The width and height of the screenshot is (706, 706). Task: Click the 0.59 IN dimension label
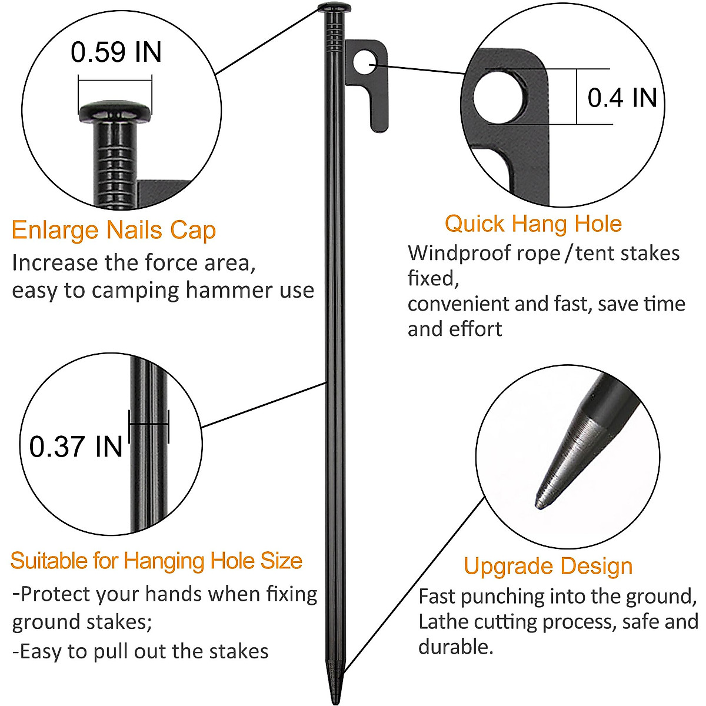tap(116, 52)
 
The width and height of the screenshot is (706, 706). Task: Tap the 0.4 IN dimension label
tap(622, 97)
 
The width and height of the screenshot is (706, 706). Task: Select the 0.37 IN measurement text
tap(76, 446)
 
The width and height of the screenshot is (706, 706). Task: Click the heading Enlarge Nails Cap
tap(114, 230)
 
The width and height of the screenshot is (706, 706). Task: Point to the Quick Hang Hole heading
tap(533, 224)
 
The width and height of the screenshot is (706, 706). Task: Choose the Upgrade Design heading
tap(548, 566)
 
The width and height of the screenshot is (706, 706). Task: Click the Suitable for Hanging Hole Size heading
tap(156, 561)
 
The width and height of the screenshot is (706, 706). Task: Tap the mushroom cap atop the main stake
tap(334, 8)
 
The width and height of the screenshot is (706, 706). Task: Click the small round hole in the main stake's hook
tap(365, 61)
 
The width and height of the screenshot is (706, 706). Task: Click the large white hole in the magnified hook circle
tap(501, 97)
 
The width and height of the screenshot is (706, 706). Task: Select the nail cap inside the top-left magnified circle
tap(115, 111)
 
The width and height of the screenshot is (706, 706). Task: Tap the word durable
tap(455, 647)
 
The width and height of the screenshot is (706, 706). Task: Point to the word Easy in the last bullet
tap(41, 651)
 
